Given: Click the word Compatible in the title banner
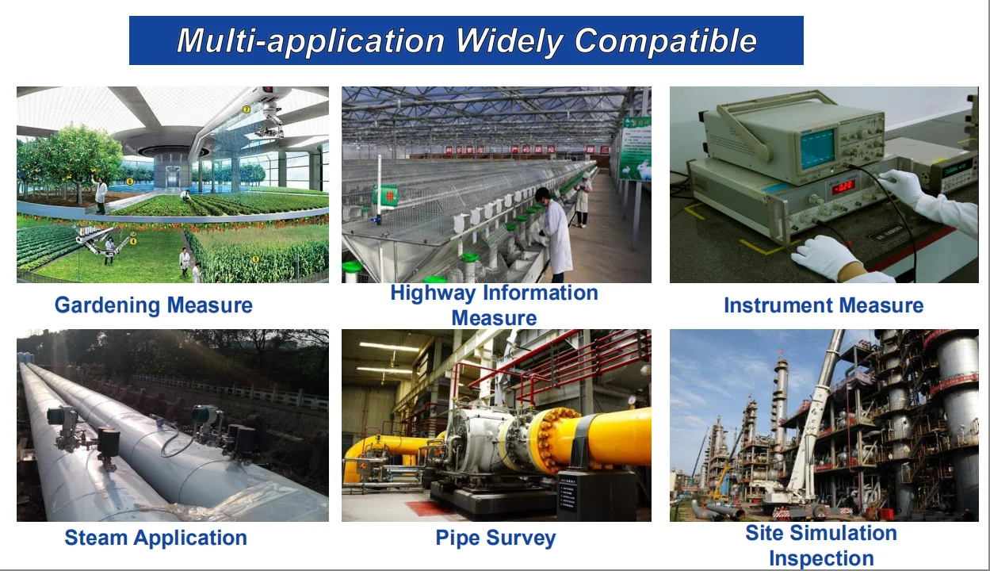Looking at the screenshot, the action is point(666,41).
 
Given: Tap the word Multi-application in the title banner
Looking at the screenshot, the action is point(310,41).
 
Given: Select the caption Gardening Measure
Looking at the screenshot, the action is point(153,305).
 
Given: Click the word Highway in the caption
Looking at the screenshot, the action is point(433,293).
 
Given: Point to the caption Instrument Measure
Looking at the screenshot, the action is point(824,305).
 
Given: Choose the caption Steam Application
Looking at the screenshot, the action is point(155,538).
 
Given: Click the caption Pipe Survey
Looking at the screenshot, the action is point(495,538).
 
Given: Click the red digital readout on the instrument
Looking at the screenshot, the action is point(843,186).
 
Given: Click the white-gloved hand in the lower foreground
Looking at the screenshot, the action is point(826,256).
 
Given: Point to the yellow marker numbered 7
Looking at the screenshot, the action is point(247,109).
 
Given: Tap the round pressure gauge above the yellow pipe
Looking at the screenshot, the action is point(633,400).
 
